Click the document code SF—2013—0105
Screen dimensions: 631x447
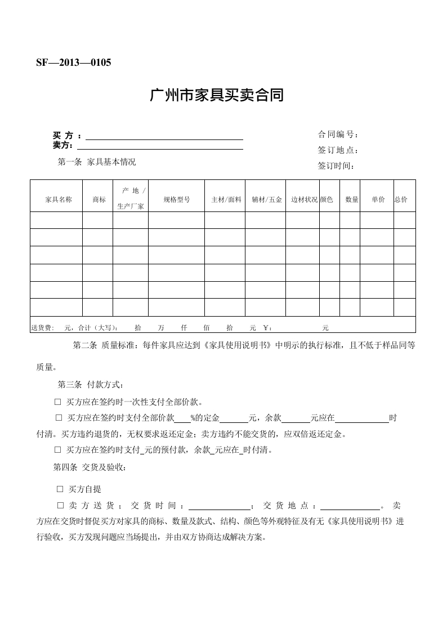pyautogui.click(x=74, y=62)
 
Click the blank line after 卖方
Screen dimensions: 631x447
pyautogui.click(x=164, y=148)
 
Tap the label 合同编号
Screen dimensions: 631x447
pyautogui.click(x=338, y=134)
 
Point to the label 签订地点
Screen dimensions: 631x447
pyautogui.click(x=338, y=150)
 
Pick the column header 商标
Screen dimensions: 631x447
pyautogui.click(x=99, y=200)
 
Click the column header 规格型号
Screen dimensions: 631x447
pyautogui.click(x=176, y=200)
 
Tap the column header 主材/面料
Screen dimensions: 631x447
pyautogui.click(x=226, y=200)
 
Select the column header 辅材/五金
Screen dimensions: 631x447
pyautogui.click(x=266, y=200)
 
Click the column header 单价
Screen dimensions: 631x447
pyautogui.click(x=378, y=200)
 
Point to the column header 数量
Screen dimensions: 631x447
pyautogui.click(x=351, y=200)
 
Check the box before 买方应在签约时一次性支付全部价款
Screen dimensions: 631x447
pyautogui.click(x=57, y=402)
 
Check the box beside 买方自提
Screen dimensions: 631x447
pyautogui.click(x=60, y=489)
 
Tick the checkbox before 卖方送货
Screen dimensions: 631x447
pyautogui.click(x=61, y=505)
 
